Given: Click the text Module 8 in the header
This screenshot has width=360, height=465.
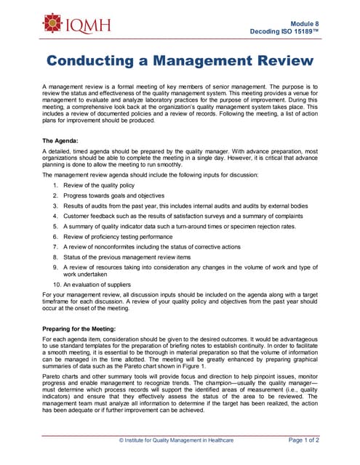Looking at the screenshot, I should click(303, 24).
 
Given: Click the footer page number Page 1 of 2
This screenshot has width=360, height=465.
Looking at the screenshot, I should click(303, 440).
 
